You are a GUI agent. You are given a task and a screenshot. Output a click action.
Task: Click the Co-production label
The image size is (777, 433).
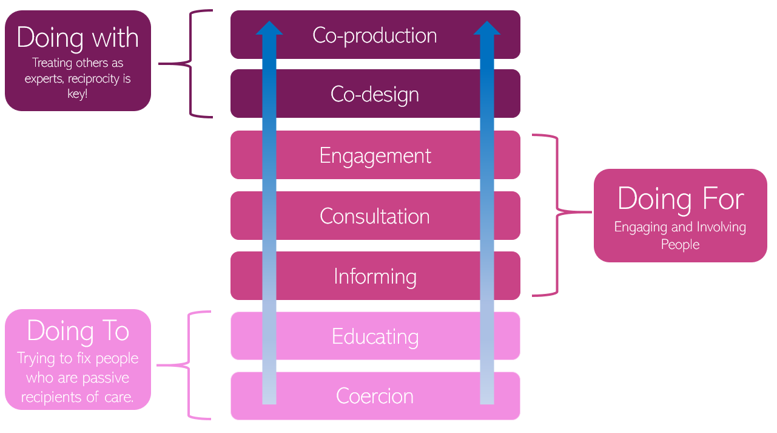375,35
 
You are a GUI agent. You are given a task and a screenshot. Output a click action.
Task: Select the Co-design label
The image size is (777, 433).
375,94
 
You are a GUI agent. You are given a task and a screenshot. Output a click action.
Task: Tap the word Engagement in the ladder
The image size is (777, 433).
375,155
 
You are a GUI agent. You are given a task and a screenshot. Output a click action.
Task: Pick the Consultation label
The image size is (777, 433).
375,216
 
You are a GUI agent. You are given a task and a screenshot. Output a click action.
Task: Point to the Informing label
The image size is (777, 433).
375,276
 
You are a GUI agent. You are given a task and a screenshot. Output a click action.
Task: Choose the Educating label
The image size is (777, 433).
375,336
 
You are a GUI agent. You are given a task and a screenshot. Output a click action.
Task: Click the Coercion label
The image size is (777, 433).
375,396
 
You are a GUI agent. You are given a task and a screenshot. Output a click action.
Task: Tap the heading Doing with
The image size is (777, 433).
78,38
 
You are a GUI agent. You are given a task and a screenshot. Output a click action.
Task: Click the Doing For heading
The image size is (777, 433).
680,199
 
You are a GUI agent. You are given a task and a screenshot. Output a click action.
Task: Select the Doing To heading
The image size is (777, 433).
78,332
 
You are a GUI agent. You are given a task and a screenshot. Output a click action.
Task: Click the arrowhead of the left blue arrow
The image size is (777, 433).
269,27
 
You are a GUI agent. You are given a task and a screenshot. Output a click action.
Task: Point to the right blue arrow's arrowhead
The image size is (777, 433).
486,27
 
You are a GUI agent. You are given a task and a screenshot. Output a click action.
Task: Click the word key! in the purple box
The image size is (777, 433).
78,94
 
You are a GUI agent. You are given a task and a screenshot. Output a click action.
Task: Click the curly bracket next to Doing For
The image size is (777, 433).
555,213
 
